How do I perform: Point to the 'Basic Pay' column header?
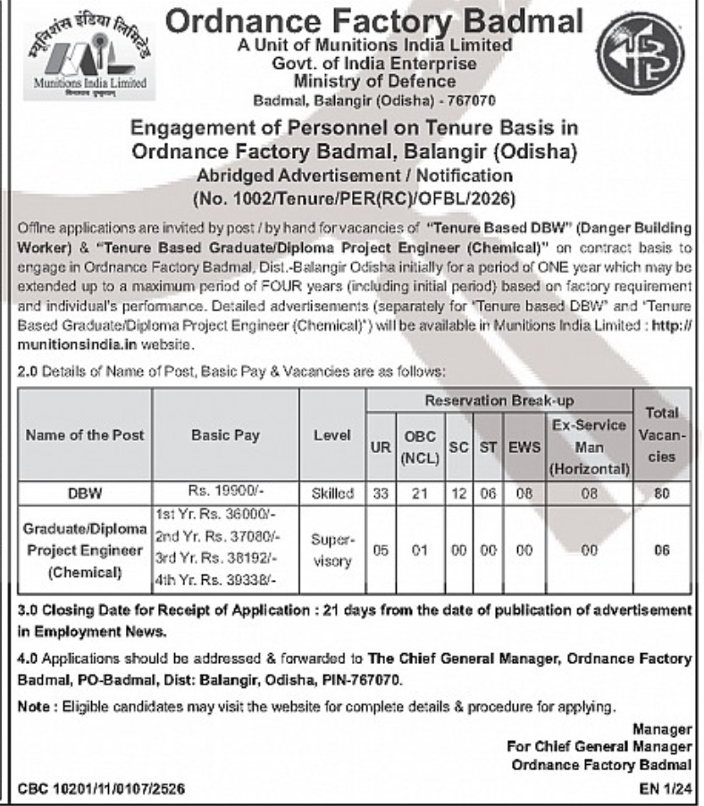(225, 435)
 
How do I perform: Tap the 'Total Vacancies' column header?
(662, 435)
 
